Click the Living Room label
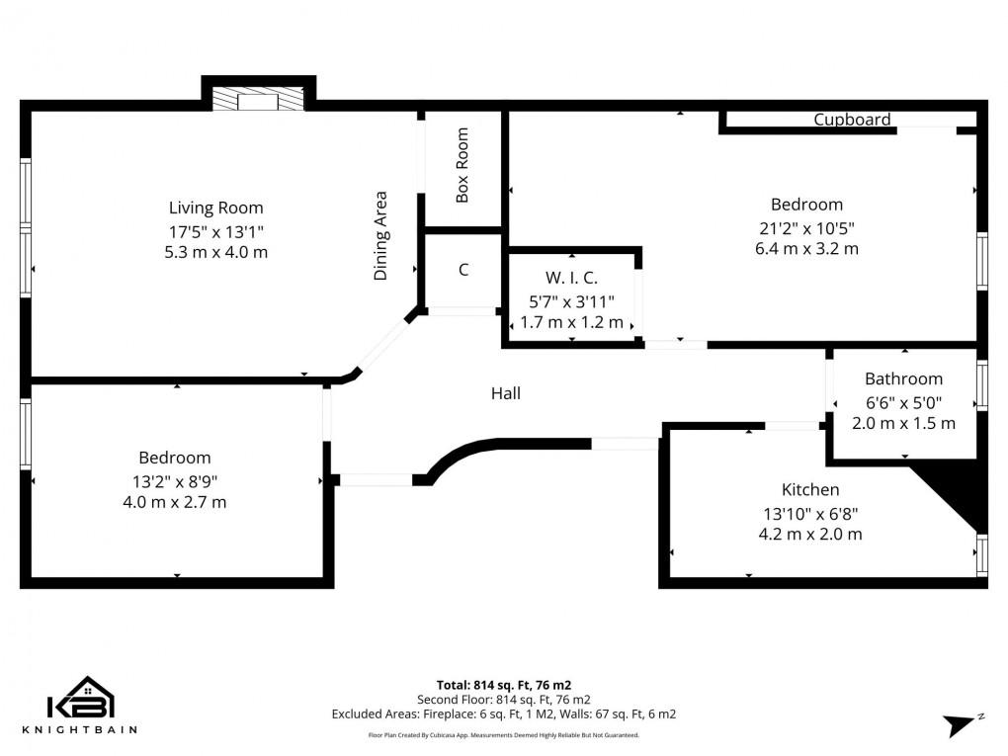[x=215, y=208]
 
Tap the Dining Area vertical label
[x=381, y=236]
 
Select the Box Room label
[x=462, y=166]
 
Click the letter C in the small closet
[x=463, y=270]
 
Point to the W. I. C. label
[x=571, y=279]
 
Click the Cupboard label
[x=852, y=120]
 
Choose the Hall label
[x=506, y=393]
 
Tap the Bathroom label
[x=903, y=378]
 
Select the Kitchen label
[x=810, y=490]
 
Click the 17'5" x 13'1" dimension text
[x=215, y=230]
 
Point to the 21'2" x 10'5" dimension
[x=806, y=227]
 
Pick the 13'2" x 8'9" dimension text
[x=175, y=480]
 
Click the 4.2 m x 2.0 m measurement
[x=810, y=535]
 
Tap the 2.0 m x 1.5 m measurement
[x=903, y=423]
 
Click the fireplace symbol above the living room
[x=258, y=100]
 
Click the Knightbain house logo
[x=82, y=700]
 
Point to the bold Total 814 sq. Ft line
[x=504, y=684]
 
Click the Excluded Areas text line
[x=504, y=714]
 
